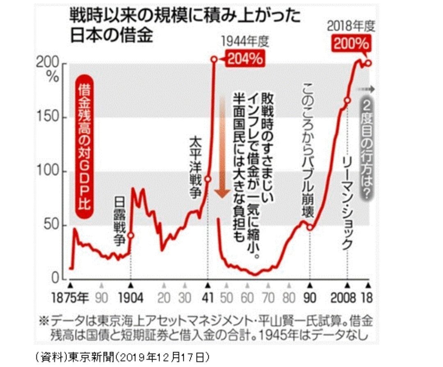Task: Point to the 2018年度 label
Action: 351,27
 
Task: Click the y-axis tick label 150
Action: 48,118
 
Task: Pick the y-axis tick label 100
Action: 48,172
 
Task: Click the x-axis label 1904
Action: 130,297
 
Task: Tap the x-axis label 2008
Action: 343,297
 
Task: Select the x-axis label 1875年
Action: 71,297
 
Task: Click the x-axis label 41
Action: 208,297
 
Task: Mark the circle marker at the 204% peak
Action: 214,59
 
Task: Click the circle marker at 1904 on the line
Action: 131,235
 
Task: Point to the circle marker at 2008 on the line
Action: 347,100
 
